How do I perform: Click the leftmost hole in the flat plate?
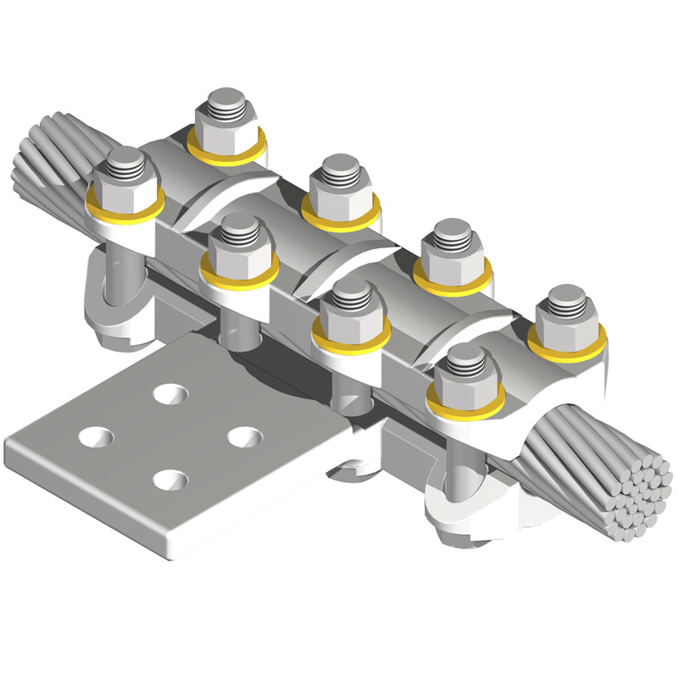pos(94,436)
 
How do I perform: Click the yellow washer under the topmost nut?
pos(226,151)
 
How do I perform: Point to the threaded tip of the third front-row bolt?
pos(348,291)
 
